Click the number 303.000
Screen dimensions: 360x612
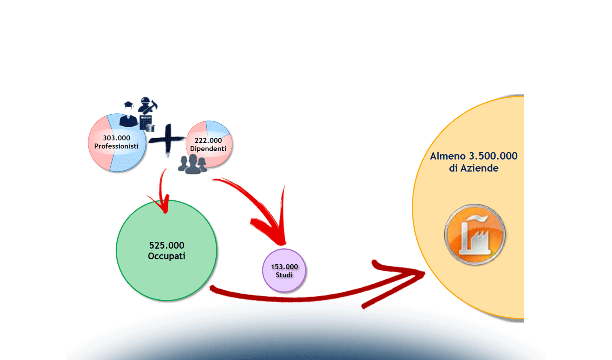(x=116, y=138)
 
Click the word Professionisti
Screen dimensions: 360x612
(x=116, y=146)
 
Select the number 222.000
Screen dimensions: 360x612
(x=208, y=140)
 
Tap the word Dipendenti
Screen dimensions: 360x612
(x=208, y=148)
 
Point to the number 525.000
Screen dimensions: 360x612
(x=166, y=245)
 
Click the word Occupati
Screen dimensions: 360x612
(x=166, y=256)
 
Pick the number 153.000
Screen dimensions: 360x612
(x=284, y=267)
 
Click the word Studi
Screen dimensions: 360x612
(x=284, y=275)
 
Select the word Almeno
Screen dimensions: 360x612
(x=448, y=156)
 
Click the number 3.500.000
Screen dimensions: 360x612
(x=493, y=156)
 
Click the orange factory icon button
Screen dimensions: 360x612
(x=475, y=235)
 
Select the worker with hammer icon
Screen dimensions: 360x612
(x=147, y=105)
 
